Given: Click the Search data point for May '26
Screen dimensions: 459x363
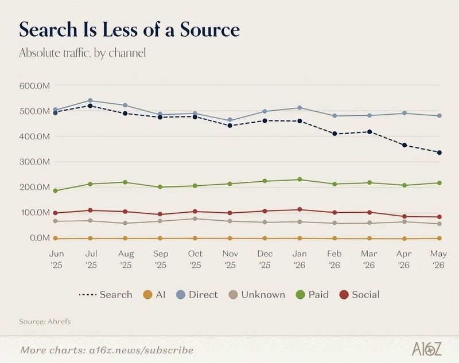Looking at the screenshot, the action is point(439,153).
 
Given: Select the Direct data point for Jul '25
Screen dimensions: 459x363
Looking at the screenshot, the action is point(90,100).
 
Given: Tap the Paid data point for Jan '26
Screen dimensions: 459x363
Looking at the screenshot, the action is point(299,179).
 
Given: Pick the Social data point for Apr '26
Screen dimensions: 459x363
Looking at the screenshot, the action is point(404,216).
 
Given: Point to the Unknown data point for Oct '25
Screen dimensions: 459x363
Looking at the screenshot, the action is point(195,219).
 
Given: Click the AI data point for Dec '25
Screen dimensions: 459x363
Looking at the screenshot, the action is point(265,239).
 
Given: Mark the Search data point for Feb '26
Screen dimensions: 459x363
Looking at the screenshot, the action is point(334,134).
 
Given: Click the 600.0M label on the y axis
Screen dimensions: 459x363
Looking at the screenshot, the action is point(34,86).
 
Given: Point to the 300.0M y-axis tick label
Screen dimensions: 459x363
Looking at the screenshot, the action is point(34,162).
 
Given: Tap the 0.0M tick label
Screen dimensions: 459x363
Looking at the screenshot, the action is point(40,238).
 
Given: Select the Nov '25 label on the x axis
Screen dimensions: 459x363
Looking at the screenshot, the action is point(230,259).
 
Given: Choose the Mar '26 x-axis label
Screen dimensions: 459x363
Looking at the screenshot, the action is point(369,259).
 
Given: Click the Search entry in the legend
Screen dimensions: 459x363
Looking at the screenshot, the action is point(106,295).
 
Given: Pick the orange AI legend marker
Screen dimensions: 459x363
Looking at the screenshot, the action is point(148,295).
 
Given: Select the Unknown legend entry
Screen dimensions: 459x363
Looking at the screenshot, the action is point(257,295).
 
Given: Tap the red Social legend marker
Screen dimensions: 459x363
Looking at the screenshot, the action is point(344,295).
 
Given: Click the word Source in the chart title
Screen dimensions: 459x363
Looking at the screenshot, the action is point(209,30).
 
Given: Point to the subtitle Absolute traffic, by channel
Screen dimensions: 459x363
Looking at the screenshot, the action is point(82,53).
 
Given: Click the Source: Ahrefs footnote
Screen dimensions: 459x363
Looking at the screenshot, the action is point(45,322).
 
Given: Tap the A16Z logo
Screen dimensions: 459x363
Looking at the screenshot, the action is point(426,349).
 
